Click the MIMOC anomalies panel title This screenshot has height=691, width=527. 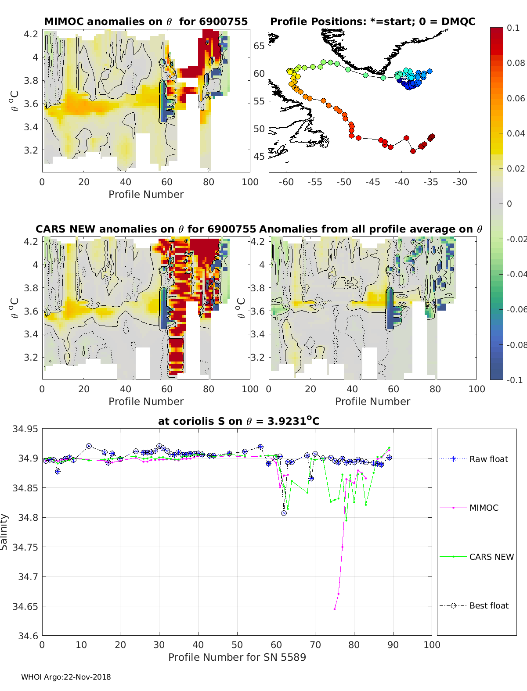click(146, 21)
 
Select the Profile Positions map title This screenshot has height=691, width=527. click(372, 21)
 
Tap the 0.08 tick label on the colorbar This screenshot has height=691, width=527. click(516, 63)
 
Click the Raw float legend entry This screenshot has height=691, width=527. click(488, 459)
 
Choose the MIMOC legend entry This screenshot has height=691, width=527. click(484, 508)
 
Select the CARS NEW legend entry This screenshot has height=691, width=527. click(491, 557)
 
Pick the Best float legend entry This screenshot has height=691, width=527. click(489, 605)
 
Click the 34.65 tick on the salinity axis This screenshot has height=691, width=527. click(25, 606)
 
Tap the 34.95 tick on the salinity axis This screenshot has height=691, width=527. click(25, 429)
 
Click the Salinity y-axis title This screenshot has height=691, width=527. click(4, 532)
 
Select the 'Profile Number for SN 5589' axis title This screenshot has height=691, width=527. click(237, 657)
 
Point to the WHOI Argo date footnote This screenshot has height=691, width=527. click(66, 677)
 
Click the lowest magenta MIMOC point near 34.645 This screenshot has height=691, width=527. click(335, 609)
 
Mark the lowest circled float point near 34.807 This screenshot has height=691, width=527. click(284, 513)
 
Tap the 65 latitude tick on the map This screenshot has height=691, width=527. click(259, 46)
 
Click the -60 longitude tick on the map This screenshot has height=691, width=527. click(286, 182)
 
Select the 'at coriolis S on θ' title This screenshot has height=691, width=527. click(238, 421)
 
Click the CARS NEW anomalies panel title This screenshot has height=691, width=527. click(145, 229)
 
